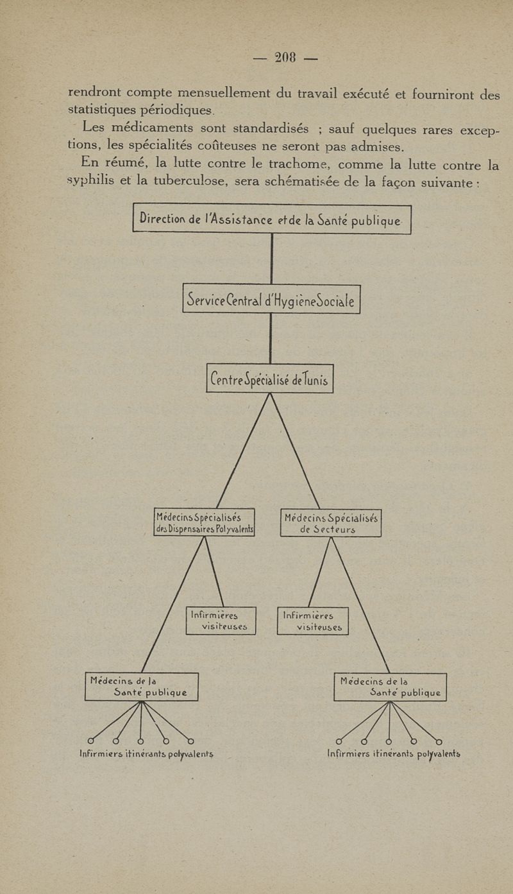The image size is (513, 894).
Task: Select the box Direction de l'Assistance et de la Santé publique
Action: tap(271, 219)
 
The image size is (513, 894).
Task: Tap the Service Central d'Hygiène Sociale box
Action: tap(271, 298)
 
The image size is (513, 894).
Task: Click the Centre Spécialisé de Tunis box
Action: tap(270, 379)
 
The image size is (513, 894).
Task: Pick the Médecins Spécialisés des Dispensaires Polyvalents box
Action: tap(205, 522)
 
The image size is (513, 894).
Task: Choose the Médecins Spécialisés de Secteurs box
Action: tap(331, 522)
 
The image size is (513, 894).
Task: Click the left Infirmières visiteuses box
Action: tap(221, 621)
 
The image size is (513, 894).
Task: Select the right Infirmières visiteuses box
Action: tap(313, 621)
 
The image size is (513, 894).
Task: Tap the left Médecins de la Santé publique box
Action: tap(141, 687)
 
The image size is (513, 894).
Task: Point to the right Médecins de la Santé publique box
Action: tap(390, 687)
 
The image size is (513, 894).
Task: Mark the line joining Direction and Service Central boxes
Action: tap(272, 259)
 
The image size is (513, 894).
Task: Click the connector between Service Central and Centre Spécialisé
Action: tap(271, 338)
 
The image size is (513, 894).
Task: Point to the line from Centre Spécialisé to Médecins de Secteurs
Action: tap(295, 450)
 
